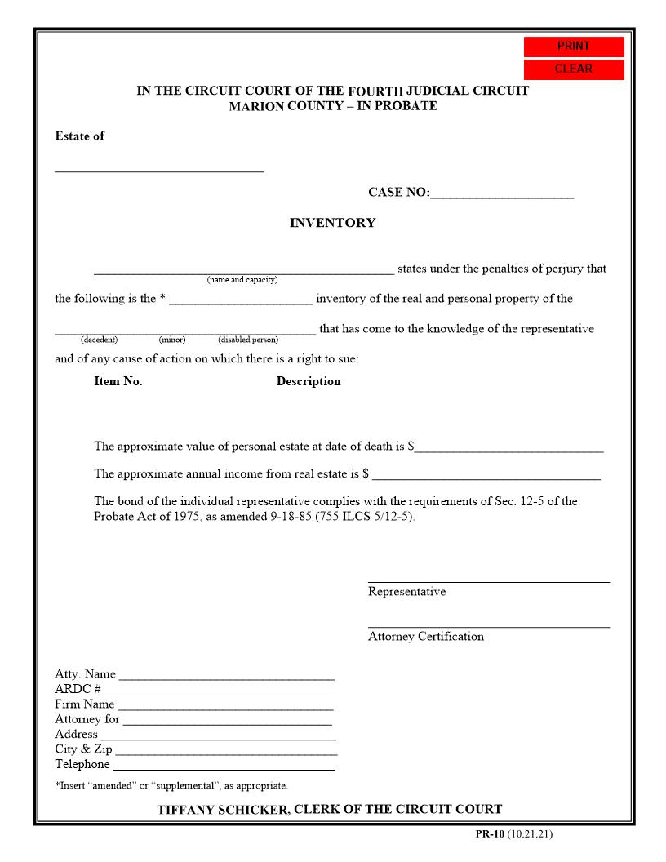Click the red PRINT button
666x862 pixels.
click(x=574, y=47)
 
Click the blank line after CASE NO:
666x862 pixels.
click(x=502, y=194)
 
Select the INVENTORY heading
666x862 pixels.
click(x=332, y=223)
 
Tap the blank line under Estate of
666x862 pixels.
click(x=159, y=167)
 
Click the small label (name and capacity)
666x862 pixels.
click(x=242, y=280)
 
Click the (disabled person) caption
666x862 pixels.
click(x=248, y=340)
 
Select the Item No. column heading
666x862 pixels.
click(x=118, y=381)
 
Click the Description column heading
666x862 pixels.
click(x=309, y=381)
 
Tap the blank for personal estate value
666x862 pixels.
click(x=509, y=447)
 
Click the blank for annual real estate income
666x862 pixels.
click(x=486, y=475)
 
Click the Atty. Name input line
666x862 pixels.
click(x=226, y=676)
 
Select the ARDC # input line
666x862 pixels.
click(x=218, y=691)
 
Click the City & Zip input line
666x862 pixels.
click(x=226, y=751)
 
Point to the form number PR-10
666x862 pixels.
click(x=490, y=834)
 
